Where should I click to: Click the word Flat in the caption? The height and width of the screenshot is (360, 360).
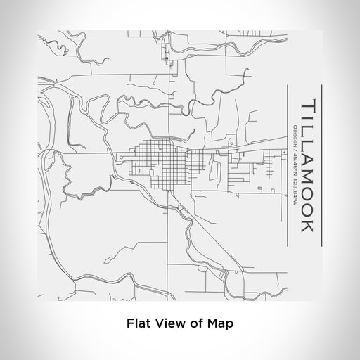[x=137, y=324]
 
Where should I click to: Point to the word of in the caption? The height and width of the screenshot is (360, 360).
[x=195, y=324]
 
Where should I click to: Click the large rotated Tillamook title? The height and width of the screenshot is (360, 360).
[x=307, y=166]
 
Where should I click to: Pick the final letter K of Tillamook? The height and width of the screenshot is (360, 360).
[x=307, y=229]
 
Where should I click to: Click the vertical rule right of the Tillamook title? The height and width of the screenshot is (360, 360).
[x=321, y=166]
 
